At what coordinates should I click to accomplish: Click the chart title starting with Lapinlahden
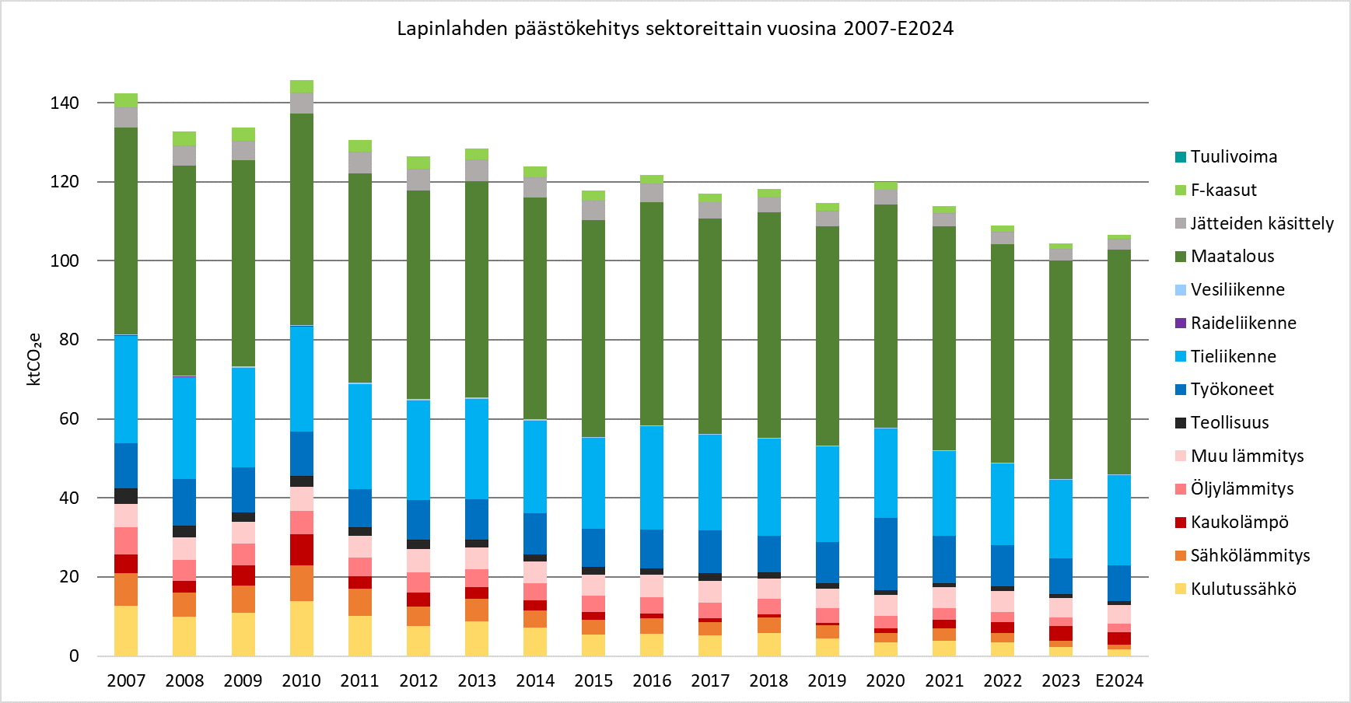pos(674,29)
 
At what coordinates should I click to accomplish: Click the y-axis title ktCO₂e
pos(34,359)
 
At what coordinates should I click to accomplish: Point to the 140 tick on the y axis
pos(65,103)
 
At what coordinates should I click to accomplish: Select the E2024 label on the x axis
pos(1118,681)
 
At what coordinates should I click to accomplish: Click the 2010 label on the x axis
pos(301,681)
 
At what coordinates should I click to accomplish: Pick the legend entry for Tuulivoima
pos(1233,157)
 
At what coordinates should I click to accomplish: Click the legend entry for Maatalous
pos(1232,257)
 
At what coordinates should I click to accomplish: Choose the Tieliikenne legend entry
pos(1233,356)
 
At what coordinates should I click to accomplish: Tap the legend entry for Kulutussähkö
pos(1243,589)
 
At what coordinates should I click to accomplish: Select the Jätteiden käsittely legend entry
pos(1261,223)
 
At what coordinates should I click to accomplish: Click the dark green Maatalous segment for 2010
pos(302,218)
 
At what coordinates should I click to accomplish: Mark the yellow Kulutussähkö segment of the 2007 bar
pos(126,631)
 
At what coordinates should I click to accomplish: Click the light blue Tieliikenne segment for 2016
pos(652,477)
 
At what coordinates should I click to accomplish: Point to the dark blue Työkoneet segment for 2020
pos(886,554)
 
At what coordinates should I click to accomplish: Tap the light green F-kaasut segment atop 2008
pos(184,138)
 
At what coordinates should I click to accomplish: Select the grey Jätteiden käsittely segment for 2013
pos(477,170)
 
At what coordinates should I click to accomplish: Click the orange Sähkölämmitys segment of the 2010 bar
pos(302,583)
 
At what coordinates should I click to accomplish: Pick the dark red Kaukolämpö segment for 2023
pos(1061,633)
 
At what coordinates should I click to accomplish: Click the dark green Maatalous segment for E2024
pos(1119,362)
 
